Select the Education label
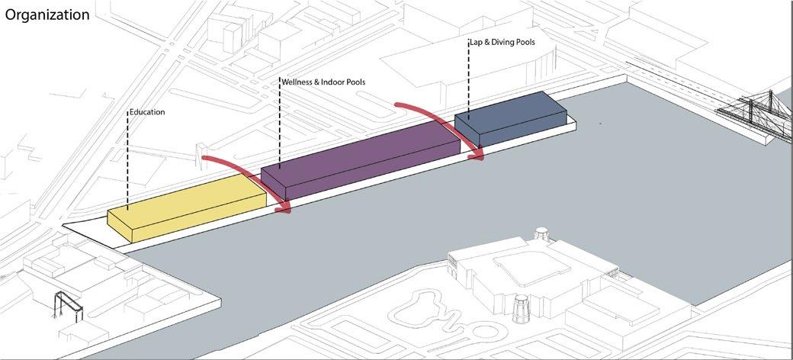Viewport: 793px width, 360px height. coord(147,112)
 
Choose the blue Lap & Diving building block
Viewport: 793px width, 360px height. coord(511,116)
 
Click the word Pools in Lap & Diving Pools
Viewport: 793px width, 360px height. coord(524,43)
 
